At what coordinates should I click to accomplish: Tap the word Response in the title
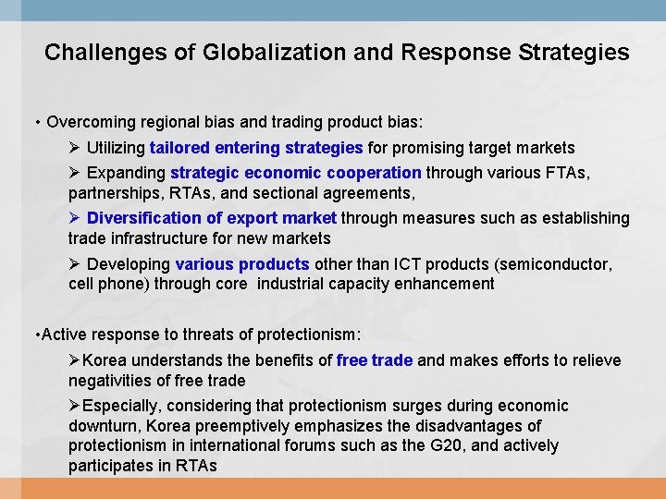(447, 52)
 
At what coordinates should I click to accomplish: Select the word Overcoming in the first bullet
(86, 122)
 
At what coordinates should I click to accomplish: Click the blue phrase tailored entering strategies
(256, 148)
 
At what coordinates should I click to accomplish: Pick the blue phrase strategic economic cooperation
(296, 173)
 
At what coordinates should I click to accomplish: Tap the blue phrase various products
(242, 264)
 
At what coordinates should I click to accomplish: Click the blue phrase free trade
(375, 360)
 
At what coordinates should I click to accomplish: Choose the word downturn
(102, 426)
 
